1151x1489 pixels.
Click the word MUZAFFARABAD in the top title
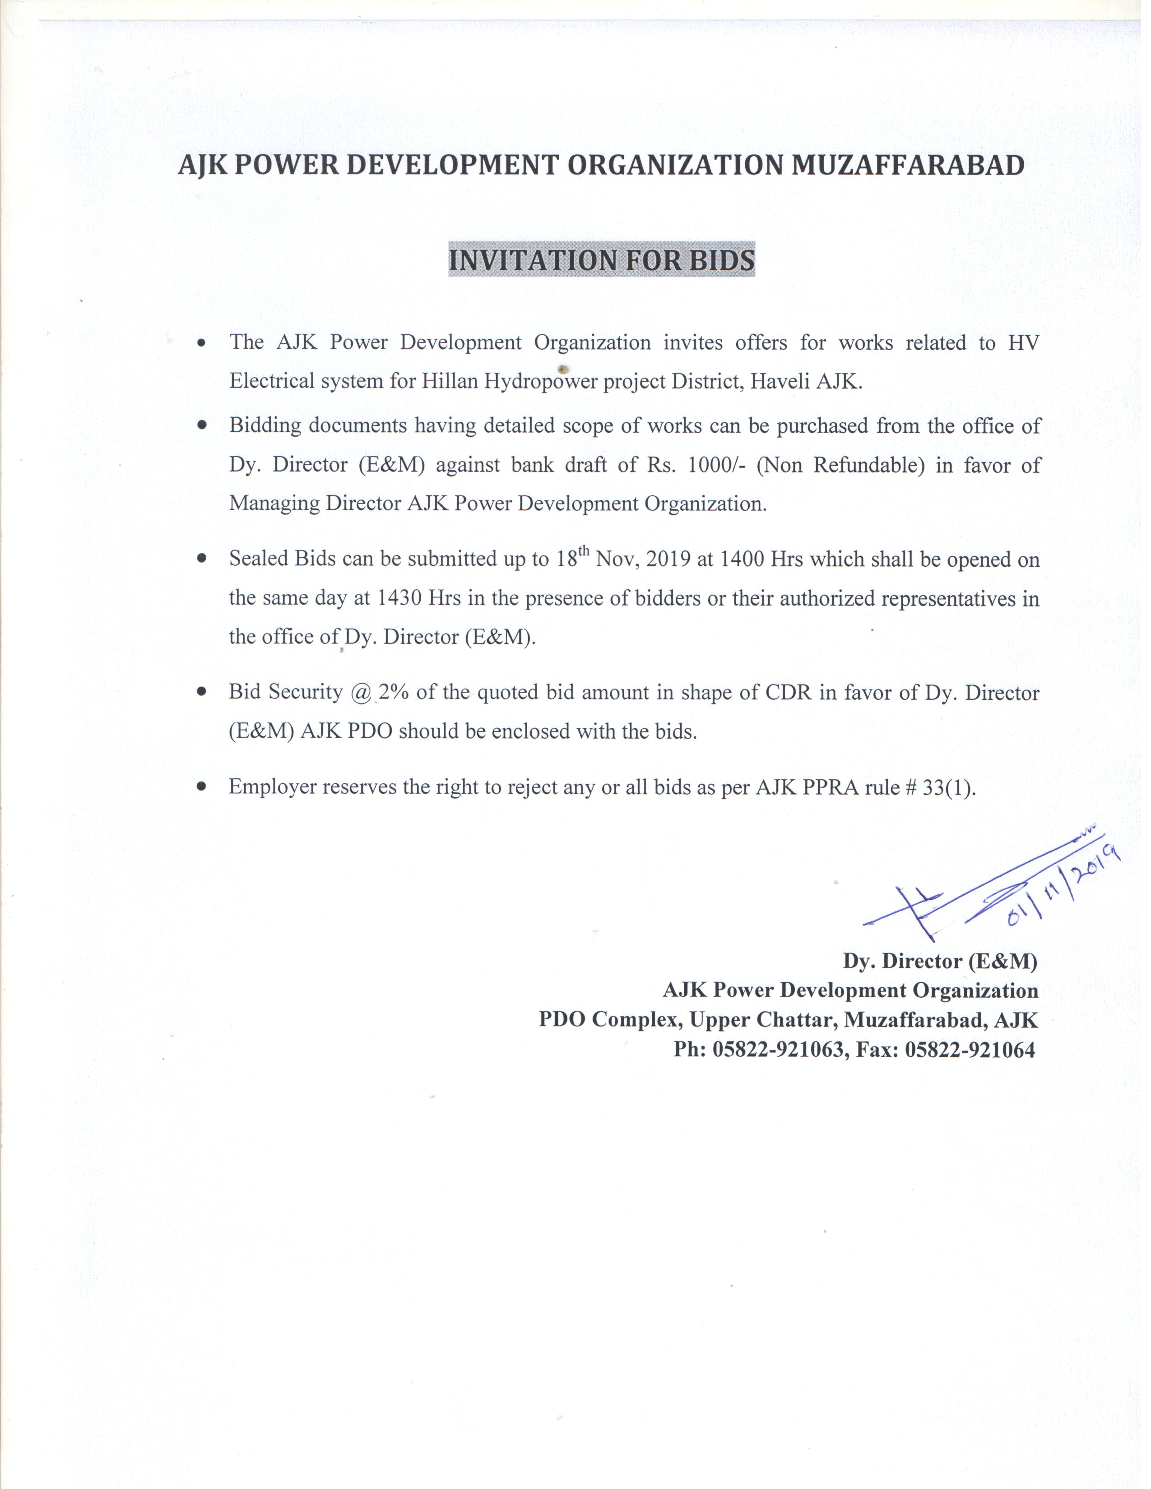point(907,166)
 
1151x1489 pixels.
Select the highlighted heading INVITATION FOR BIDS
point(601,260)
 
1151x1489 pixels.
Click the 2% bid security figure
point(394,692)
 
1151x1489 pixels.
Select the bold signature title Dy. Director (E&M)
point(940,961)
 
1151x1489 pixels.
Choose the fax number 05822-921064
point(969,1049)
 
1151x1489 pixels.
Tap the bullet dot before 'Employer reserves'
point(201,786)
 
